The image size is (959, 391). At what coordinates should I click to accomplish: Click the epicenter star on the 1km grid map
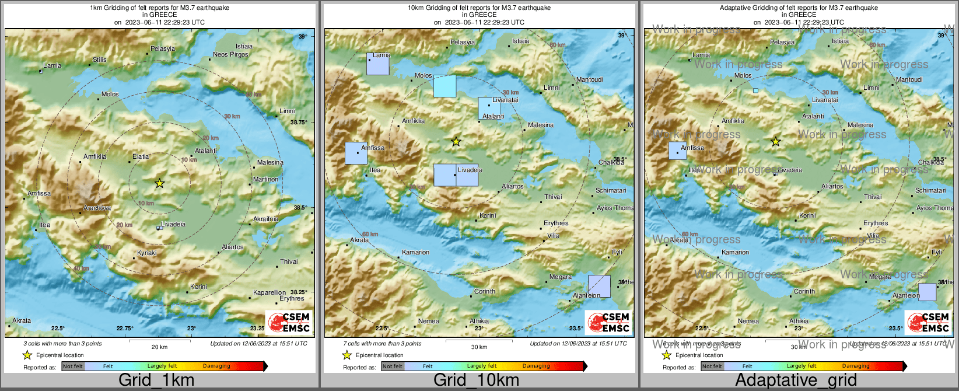159,183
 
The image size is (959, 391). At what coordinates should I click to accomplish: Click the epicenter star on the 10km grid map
456,141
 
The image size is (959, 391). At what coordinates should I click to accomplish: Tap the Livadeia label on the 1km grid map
173,225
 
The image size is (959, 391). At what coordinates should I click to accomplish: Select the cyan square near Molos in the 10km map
444,86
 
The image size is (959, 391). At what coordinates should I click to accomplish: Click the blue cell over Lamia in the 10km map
377,64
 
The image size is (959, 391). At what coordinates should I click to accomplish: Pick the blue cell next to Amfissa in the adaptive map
677,151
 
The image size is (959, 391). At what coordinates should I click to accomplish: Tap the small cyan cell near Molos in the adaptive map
755,90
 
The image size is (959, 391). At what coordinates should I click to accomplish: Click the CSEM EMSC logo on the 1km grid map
289,322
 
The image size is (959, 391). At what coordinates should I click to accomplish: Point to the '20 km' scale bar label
159,347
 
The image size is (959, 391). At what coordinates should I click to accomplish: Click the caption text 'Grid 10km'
476,380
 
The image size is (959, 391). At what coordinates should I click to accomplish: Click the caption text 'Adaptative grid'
796,380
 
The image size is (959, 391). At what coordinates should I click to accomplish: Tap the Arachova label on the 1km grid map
97,208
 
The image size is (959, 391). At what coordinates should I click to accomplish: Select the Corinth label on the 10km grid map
485,291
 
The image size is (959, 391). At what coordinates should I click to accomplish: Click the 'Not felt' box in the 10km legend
393,366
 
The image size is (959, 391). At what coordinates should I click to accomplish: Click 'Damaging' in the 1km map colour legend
216,366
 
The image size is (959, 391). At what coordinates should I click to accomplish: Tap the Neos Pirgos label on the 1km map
230,54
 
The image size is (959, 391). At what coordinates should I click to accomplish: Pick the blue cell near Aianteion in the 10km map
599,286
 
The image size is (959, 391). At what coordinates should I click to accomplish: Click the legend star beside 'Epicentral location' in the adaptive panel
666,355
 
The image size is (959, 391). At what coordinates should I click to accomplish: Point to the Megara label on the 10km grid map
561,277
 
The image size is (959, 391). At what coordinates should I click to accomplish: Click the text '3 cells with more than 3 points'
62,344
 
